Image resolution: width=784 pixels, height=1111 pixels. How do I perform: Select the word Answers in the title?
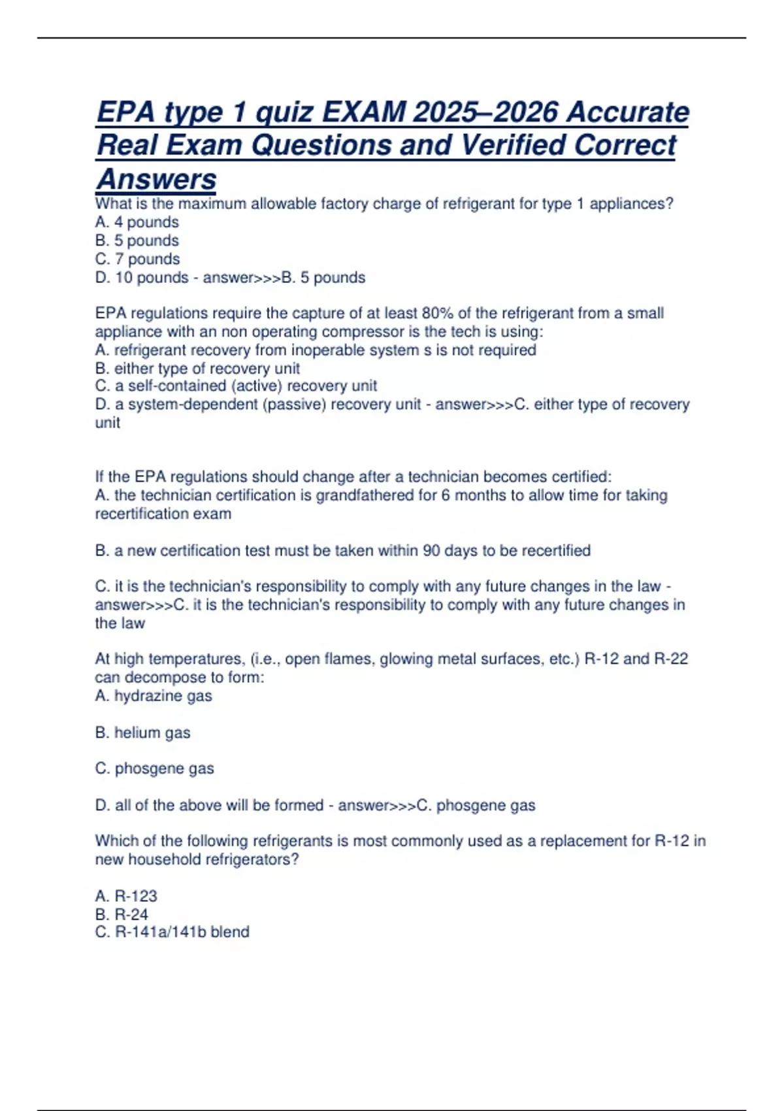tap(156, 179)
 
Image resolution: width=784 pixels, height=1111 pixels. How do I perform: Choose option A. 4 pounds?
tap(137, 222)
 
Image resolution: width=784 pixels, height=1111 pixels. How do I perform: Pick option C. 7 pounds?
tap(137, 259)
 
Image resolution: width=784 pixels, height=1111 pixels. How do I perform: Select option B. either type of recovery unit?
tap(197, 368)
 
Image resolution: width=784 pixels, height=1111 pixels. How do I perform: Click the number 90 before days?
tap(431, 550)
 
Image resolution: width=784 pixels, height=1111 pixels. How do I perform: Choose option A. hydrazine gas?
tap(154, 696)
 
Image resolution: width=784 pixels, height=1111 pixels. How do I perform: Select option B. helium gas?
tap(142, 733)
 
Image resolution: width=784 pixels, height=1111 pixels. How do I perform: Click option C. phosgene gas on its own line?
tap(154, 769)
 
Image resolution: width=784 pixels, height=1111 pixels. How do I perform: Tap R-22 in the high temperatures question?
tap(670, 659)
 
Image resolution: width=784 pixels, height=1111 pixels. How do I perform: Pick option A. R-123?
tap(126, 896)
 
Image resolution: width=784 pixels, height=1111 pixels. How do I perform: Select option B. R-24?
tap(122, 914)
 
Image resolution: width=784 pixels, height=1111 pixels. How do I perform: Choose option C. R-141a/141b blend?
tap(172, 932)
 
